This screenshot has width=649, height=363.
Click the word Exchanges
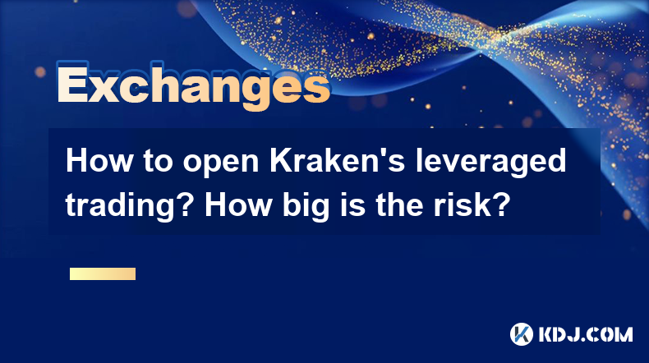pos(193,85)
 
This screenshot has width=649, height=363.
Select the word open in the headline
pos(220,163)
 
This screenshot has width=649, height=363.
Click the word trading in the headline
pos(127,207)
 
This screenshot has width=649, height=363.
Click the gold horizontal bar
pos(103,273)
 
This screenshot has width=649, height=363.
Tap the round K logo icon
pos(522,334)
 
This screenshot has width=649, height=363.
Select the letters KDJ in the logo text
pos(560,334)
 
